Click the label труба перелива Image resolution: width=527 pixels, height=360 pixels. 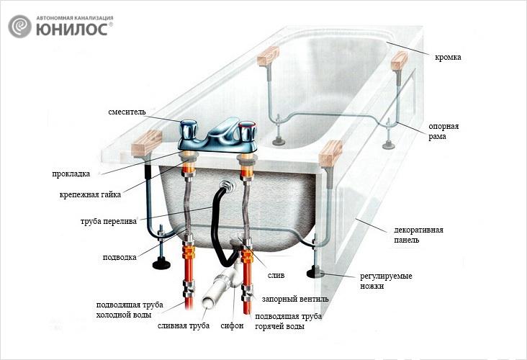coord(107,222)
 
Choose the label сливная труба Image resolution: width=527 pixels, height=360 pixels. coord(184,326)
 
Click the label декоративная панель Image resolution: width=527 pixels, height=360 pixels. coord(418,235)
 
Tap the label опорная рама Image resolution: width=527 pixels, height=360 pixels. coord(443,131)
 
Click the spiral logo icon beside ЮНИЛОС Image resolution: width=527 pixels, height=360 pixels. coord(20,26)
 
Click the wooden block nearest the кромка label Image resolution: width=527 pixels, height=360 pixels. coord(397,59)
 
